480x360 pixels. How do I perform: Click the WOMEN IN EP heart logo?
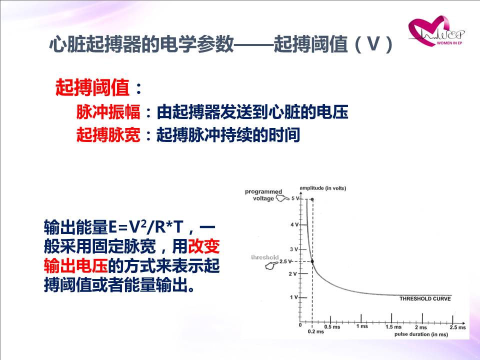pyautogui.click(x=435, y=31)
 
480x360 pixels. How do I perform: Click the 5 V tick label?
pyautogui.click(x=295, y=198)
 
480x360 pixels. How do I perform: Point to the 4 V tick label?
pyautogui.click(x=294, y=224)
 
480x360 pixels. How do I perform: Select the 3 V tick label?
pyautogui.click(x=294, y=249)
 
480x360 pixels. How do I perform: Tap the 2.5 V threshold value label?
pyautogui.click(x=285, y=261)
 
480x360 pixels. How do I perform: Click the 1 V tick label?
pyautogui.click(x=294, y=297)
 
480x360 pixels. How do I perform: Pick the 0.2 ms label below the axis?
pyautogui.click(x=316, y=331)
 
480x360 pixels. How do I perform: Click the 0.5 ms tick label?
pyautogui.click(x=332, y=326)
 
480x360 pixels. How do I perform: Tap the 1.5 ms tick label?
pyautogui.click(x=393, y=326)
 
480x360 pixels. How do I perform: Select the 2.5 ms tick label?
pyautogui.click(x=457, y=327)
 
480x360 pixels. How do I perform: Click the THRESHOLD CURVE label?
pyautogui.click(x=425, y=299)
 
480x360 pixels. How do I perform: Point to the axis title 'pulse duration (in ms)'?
pyautogui.click(x=421, y=334)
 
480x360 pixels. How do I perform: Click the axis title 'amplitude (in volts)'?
pyautogui.click(x=323, y=188)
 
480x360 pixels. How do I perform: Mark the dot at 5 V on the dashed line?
pyautogui.click(x=312, y=199)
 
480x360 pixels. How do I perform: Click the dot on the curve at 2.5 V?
pyautogui.click(x=312, y=261)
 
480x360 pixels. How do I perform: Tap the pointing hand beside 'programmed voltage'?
pyautogui.click(x=282, y=198)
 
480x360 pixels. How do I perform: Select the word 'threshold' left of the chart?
pyautogui.click(x=265, y=257)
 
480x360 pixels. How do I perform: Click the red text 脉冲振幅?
pyautogui.click(x=108, y=111)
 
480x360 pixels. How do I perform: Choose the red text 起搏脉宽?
pyautogui.click(x=108, y=134)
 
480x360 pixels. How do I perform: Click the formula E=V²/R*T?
pyautogui.click(x=146, y=227)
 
